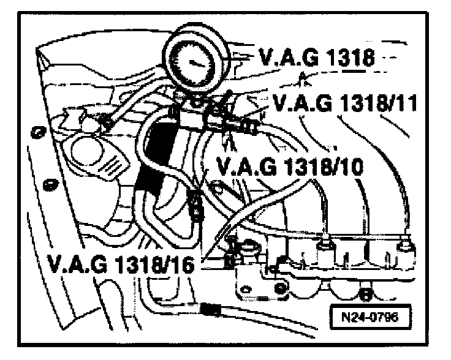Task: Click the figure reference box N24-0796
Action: click(x=372, y=318)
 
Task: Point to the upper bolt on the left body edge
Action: click(x=36, y=132)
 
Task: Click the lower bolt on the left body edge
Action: click(x=48, y=184)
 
